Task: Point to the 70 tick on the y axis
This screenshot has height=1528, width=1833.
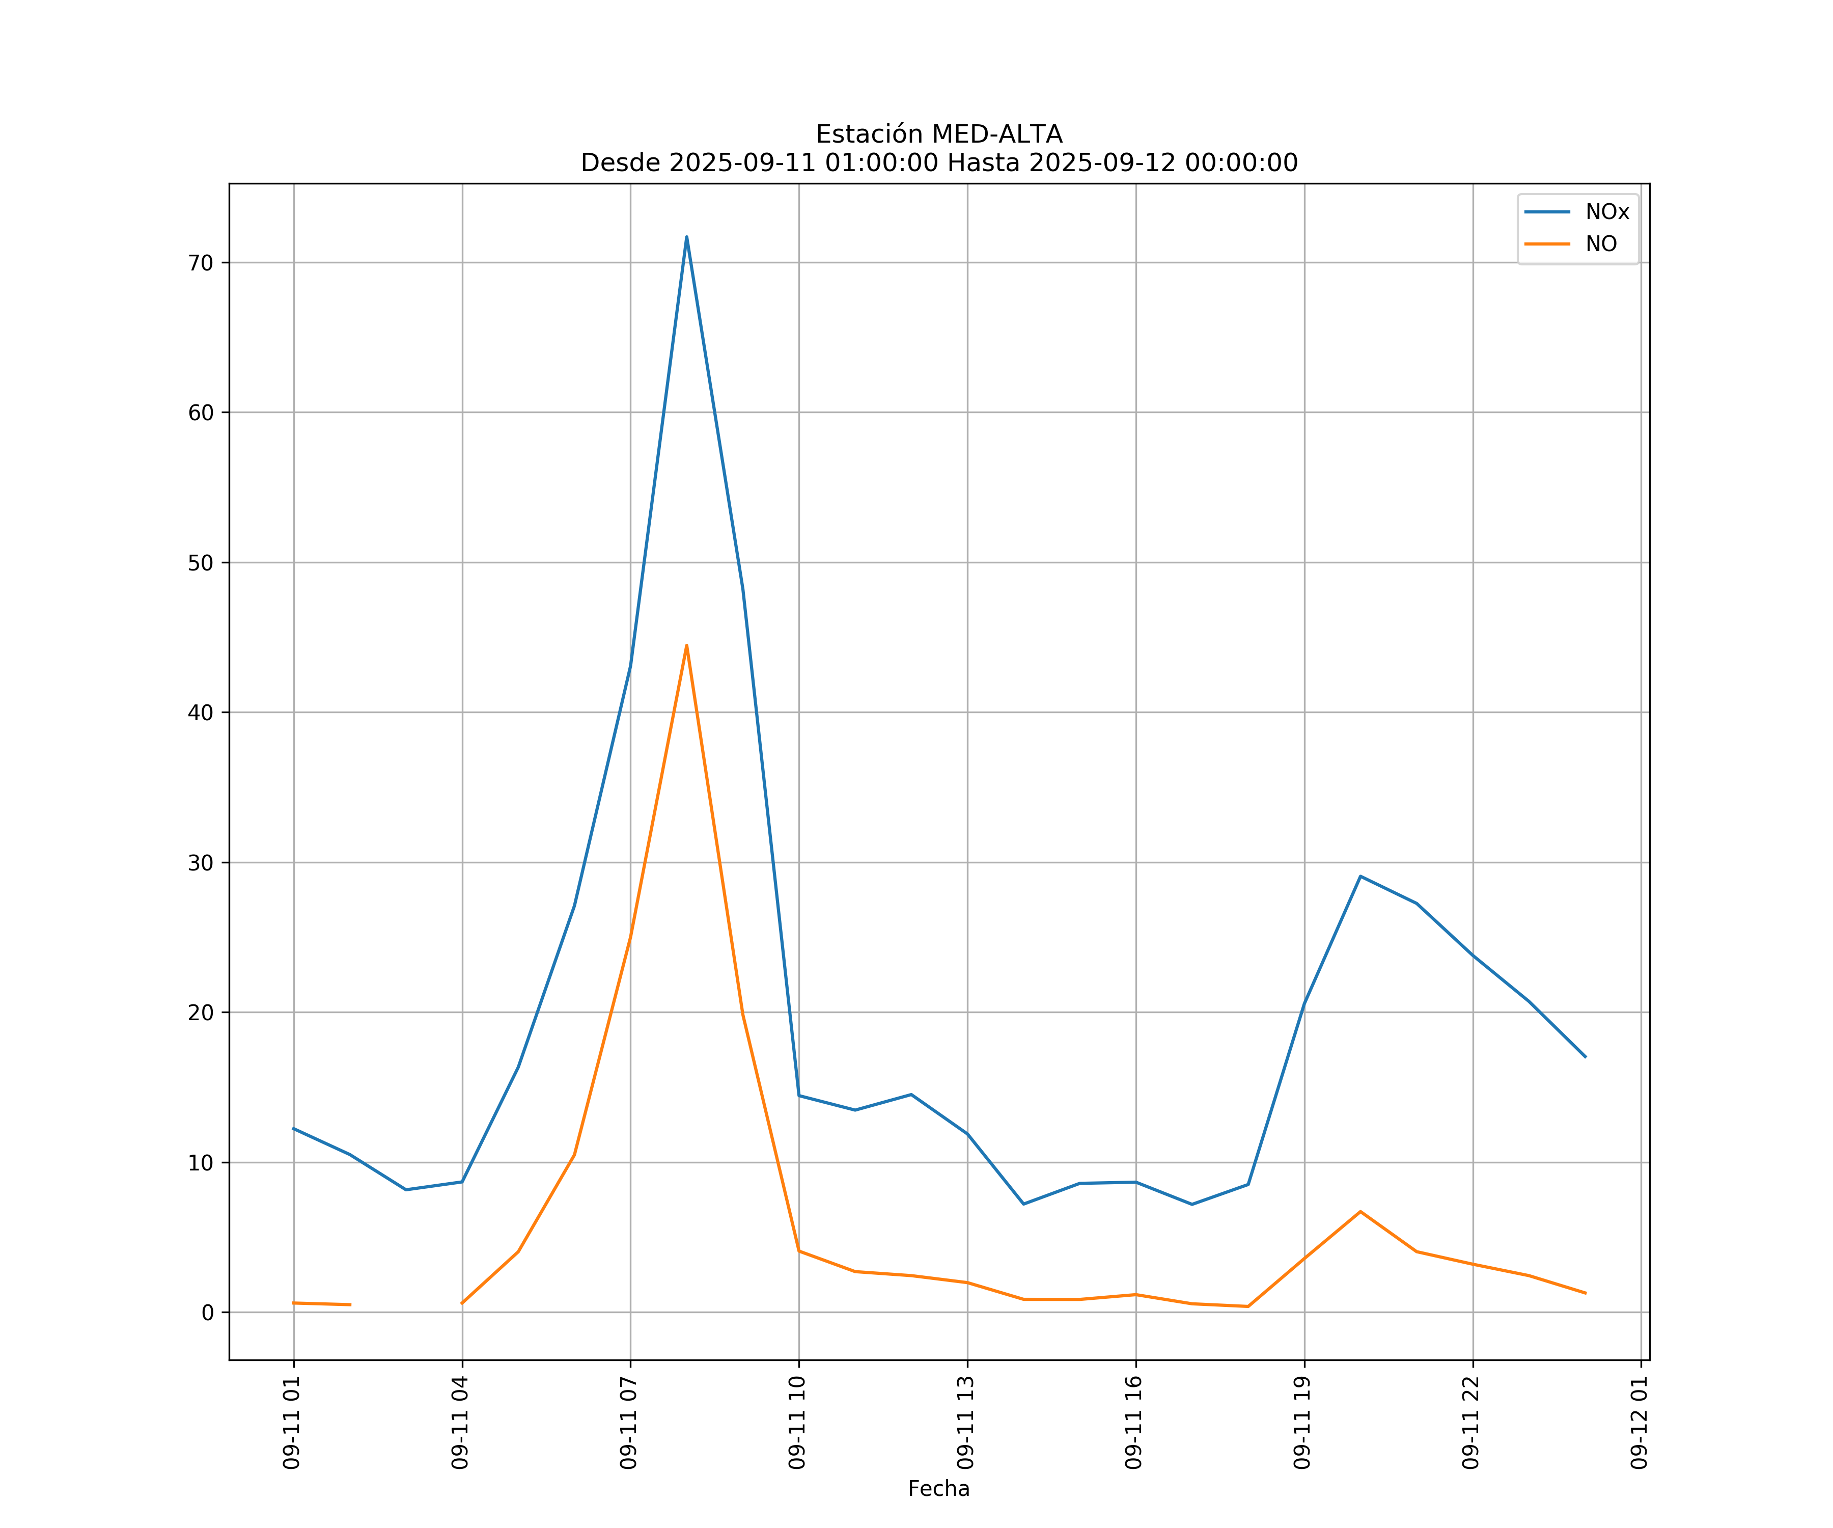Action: click(x=201, y=263)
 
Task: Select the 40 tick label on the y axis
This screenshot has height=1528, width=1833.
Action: click(x=201, y=713)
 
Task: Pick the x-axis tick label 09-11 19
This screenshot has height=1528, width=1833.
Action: click(x=1303, y=1423)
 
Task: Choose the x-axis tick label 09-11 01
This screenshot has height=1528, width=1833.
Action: click(x=292, y=1423)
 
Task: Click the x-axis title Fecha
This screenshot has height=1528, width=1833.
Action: click(x=938, y=1489)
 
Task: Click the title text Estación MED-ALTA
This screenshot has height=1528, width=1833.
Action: click(x=938, y=134)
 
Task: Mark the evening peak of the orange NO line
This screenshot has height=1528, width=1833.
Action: click(x=1360, y=1212)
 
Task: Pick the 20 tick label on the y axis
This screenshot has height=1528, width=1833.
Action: click(x=201, y=1013)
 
